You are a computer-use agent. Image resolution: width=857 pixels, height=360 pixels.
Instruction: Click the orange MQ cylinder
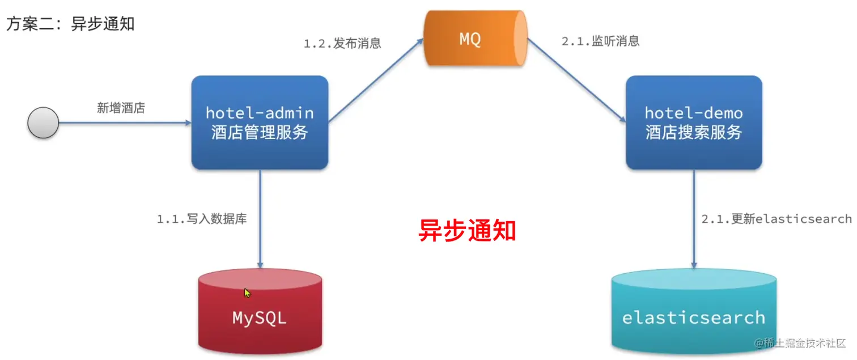(475, 39)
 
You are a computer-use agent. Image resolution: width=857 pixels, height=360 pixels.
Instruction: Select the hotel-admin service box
(260, 122)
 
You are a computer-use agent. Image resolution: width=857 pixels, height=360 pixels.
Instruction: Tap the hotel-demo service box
(694, 122)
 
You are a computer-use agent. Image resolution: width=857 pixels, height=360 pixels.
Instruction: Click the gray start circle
(43, 122)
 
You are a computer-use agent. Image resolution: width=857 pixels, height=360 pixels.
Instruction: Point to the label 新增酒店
(121, 108)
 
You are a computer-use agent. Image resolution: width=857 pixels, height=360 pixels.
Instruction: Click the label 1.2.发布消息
(342, 43)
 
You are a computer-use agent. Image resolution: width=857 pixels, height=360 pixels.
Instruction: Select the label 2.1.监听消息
(600, 41)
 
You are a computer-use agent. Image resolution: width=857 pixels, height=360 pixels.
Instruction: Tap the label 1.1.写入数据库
(202, 219)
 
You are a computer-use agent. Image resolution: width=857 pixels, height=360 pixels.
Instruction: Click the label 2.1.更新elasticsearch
(776, 219)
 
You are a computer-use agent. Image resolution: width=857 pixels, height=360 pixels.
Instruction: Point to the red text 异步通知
(467, 230)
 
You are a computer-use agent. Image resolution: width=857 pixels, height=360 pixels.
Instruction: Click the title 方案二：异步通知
(70, 24)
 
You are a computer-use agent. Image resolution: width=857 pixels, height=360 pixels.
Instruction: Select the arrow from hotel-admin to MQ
(376, 80)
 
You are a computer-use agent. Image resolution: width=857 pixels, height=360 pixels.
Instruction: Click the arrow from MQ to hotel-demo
(576, 80)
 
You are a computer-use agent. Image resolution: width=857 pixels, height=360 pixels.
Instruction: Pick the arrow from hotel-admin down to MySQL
(260, 219)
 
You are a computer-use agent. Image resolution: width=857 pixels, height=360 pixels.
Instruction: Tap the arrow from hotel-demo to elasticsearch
(694, 219)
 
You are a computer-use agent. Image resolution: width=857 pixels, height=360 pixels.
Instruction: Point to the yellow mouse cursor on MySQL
(247, 293)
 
